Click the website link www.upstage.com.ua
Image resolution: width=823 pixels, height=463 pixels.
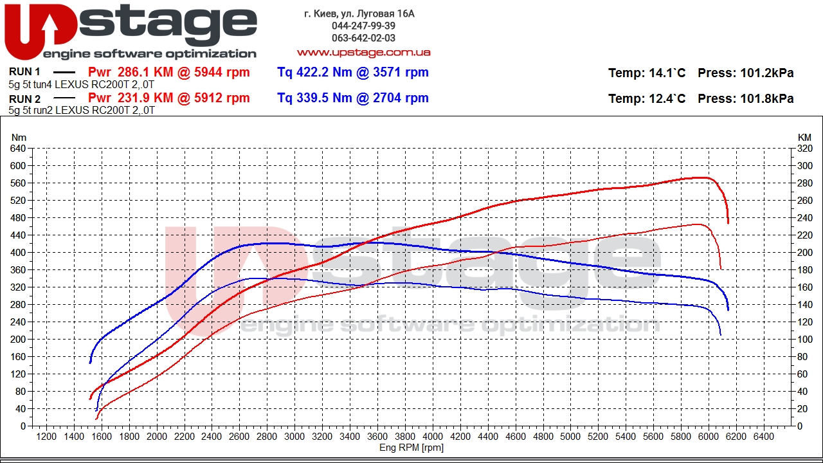click(x=363, y=52)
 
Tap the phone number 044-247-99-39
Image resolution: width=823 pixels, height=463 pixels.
click(x=363, y=26)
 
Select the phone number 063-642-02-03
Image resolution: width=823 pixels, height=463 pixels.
click(x=363, y=38)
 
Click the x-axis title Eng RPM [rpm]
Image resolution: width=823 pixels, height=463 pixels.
click(x=411, y=448)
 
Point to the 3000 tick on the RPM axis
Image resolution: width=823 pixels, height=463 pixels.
click(x=294, y=437)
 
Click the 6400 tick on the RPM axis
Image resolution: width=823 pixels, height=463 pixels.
click(x=763, y=437)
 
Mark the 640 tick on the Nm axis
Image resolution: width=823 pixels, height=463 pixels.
click(x=17, y=149)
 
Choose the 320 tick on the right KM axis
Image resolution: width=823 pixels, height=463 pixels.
click(x=804, y=149)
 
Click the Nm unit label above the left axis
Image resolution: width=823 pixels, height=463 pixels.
click(x=19, y=138)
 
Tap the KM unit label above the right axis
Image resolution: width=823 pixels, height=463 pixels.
click(x=804, y=138)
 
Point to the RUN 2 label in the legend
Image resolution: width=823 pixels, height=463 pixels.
click(x=24, y=99)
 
